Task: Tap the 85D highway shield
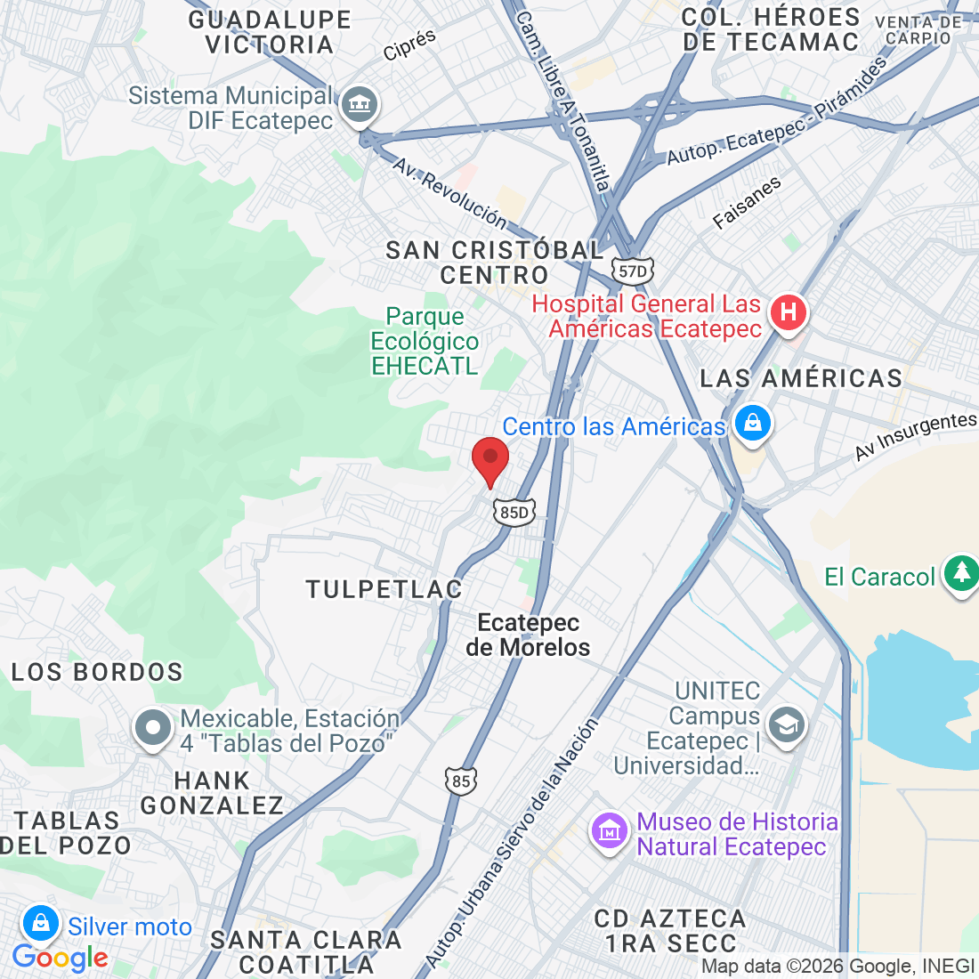click(514, 512)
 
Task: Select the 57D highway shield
click(632, 271)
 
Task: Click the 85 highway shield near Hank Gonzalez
click(460, 781)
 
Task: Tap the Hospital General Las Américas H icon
click(788, 313)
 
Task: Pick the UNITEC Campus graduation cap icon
click(787, 724)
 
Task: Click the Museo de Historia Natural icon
click(610, 832)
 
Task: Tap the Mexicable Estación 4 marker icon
click(153, 728)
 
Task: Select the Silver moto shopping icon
click(41, 924)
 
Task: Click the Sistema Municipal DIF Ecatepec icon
click(360, 105)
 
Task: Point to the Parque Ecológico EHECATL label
click(425, 341)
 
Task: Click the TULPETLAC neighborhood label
click(384, 589)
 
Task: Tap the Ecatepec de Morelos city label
click(528, 635)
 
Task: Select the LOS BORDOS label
click(97, 672)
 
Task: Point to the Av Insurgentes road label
click(915, 436)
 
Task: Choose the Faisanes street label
click(747, 204)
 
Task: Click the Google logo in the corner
click(60, 958)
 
